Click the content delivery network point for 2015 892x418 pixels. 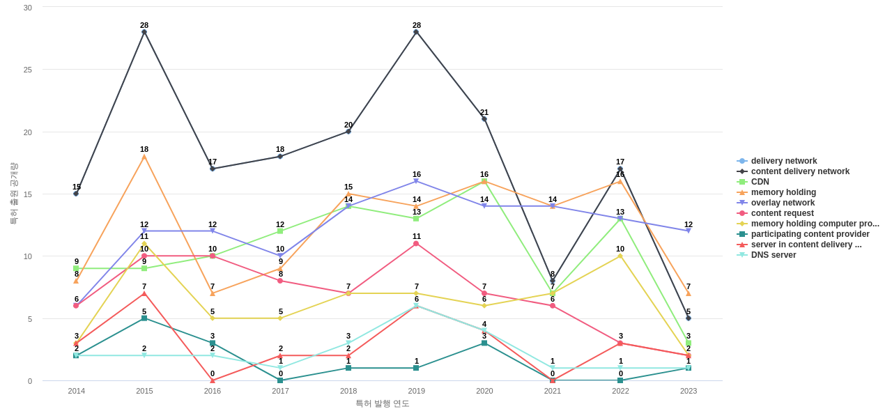coord(144,32)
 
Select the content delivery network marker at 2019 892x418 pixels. coord(416,32)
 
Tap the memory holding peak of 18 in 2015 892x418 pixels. coord(144,157)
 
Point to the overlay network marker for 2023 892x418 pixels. coord(689,231)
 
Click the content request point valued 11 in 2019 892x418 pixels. coord(416,244)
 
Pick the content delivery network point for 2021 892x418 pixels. coord(553,281)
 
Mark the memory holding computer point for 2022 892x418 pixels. coord(620,256)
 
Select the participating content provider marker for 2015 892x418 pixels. coord(144,318)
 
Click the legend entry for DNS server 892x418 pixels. coord(773,255)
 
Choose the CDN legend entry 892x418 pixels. coord(760,182)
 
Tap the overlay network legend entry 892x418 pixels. coord(783,203)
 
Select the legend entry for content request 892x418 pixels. coord(782,213)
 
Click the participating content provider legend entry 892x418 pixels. coord(810,234)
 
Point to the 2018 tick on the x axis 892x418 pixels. coord(348,391)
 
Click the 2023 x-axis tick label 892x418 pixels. coord(689,391)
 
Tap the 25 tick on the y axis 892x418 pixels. coord(28,70)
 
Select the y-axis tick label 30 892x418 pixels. coord(28,8)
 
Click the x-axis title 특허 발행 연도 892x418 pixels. coord(383,403)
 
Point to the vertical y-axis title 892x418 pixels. coord(13,194)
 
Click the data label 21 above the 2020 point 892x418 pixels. coord(484,112)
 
